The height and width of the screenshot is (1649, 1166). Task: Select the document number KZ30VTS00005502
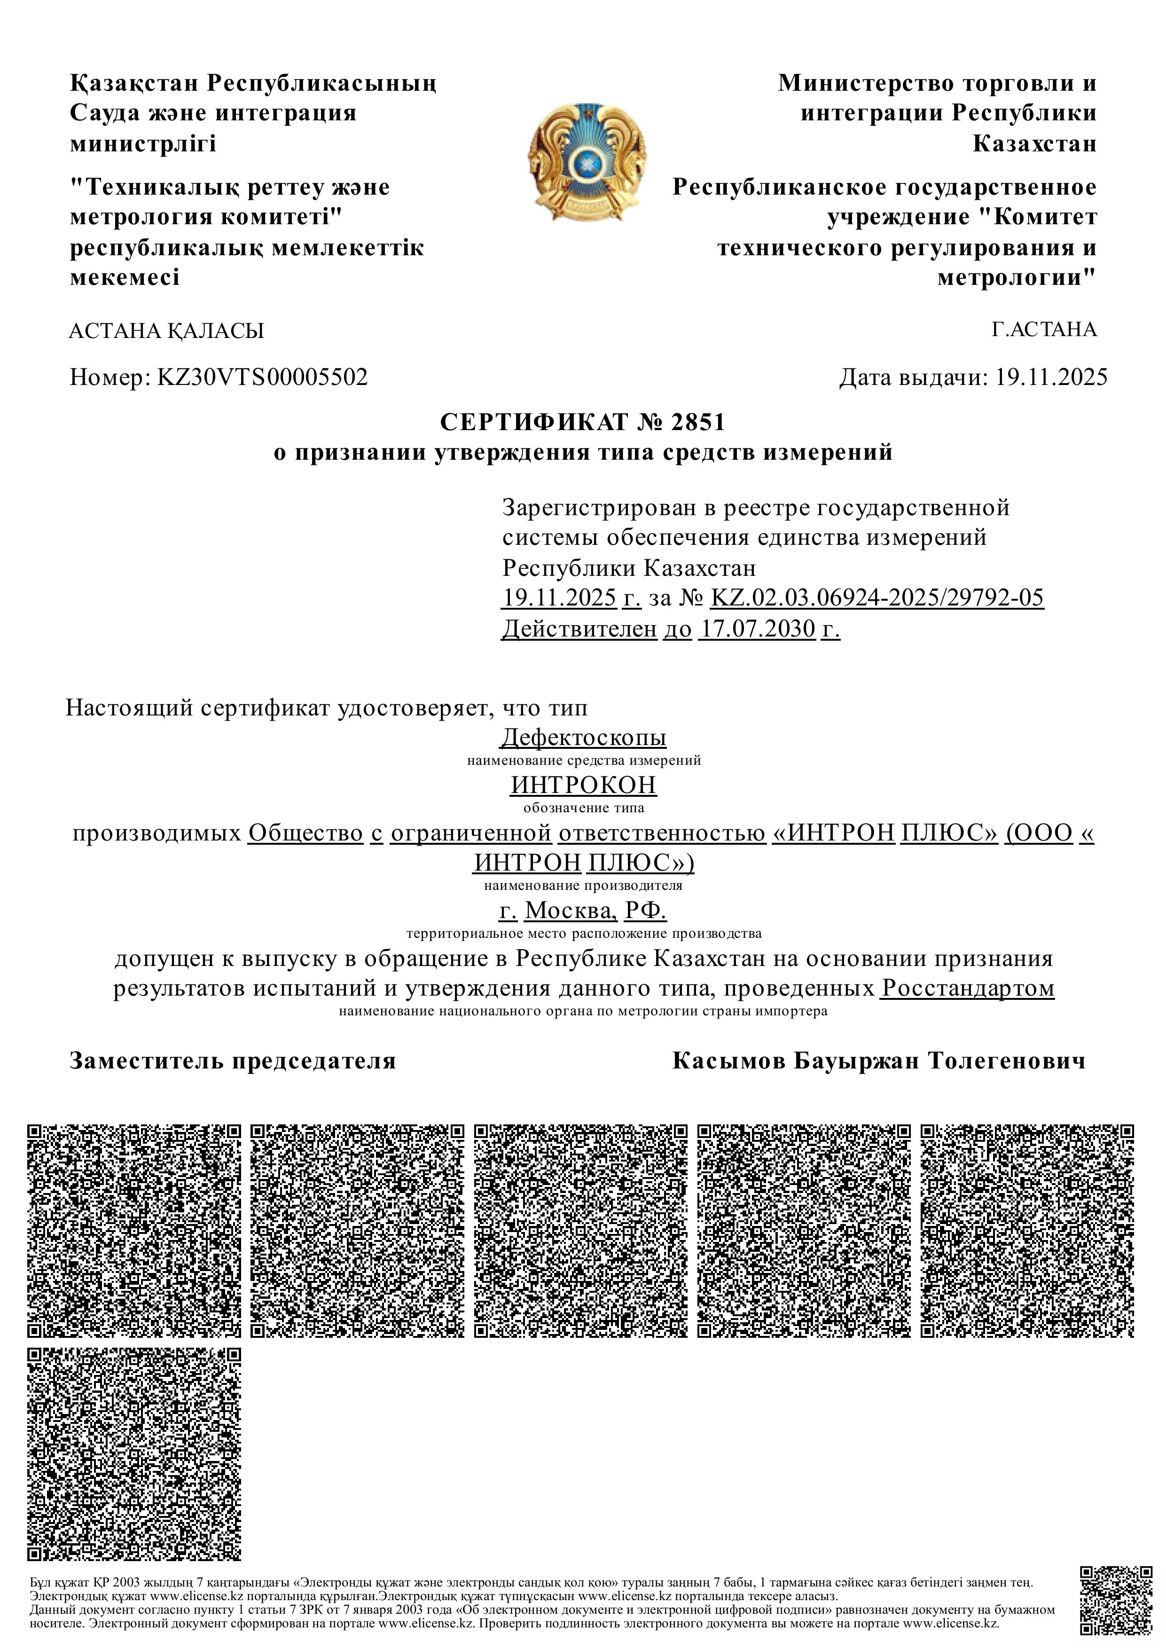pyautogui.click(x=262, y=377)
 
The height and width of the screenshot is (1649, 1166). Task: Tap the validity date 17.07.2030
pyautogui.click(x=758, y=629)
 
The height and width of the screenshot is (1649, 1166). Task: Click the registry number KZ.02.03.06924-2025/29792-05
pyautogui.click(x=876, y=597)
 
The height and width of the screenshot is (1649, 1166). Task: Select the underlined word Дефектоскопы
pyautogui.click(x=583, y=738)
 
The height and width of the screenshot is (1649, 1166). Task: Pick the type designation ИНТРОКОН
pyautogui.click(x=583, y=785)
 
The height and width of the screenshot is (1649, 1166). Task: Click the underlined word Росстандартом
pyautogui.click(x=968, y=988)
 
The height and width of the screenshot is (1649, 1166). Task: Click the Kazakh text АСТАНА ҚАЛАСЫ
pyautogui.click(x=166, y=331)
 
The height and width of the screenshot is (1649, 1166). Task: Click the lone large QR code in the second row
pyautogui.click(x=134, y=1454)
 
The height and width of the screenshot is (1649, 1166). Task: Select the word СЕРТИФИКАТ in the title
pyautogui.click(x=533, y=422)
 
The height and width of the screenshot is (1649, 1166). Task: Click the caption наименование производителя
pyautogui.click(x=583, y=886)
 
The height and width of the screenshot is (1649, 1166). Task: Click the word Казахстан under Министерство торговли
pyautogui.click(x=1034, y=144)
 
